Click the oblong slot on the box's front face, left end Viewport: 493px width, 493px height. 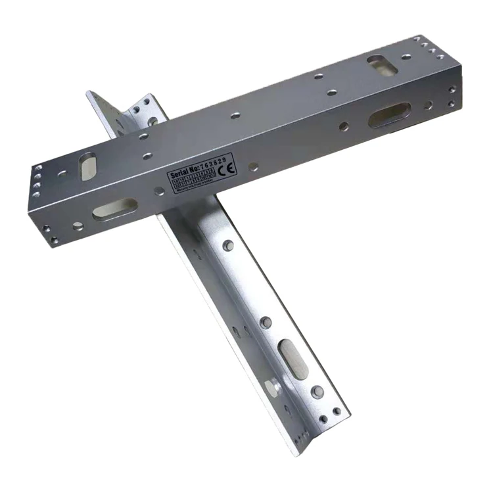coord(114,208)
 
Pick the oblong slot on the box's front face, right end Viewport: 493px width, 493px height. coord(389,115)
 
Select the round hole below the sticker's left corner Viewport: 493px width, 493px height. coord(159,191)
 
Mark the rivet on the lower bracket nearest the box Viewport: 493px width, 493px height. coord(228,245)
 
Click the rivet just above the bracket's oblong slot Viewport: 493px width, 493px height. coord(266,322)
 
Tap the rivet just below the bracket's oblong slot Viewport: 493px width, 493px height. coord(317,392)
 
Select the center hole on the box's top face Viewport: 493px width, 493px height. coord(235,115)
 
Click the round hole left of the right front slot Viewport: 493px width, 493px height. coord(344,126)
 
